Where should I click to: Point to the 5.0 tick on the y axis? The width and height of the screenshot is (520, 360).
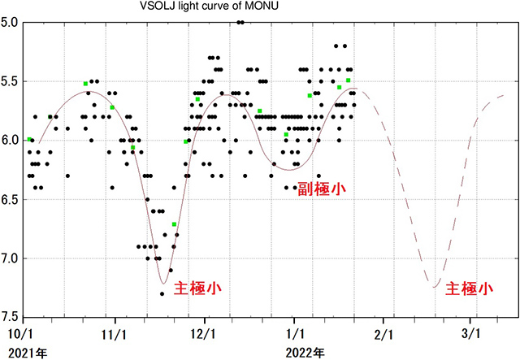pyautogui.click(x=11, y=23)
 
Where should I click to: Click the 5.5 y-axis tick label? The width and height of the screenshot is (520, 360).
pyautogui.click(x=11, y=81)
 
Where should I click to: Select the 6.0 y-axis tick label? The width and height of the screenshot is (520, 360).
pyautogui.click(x=11, y=141)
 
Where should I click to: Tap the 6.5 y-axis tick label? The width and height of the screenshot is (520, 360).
pyautogui.click(x=11, y=199)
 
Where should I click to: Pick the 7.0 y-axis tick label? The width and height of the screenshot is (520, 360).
pyautogui.click(x=11, y=258)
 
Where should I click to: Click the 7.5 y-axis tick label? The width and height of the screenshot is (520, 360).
pyautogui.click(x=11, y=317)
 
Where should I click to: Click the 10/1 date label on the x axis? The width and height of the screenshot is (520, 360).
pyautogui.click(x=20, y=334)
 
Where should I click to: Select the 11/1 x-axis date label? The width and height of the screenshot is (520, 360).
pyautogui.click(x=114, y=334)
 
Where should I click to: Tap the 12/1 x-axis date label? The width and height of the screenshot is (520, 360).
pyautogui.click(x=203, y=334)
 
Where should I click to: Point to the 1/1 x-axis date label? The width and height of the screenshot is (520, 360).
pyautogui.click(x=296, y=334)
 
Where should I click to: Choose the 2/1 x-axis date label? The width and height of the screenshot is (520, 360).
pyautogui.click(x=383, y=334)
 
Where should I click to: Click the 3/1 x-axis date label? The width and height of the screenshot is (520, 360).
pyautogui.click(x=470, y=334)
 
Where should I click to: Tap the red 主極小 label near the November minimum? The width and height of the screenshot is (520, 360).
pyautogui.click(x=197, y=288)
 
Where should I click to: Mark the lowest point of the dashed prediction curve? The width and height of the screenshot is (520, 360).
pyautogui.click(x=435, y=287)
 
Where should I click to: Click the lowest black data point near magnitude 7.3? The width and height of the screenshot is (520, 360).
pyautogui.click(x=162, y=294)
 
